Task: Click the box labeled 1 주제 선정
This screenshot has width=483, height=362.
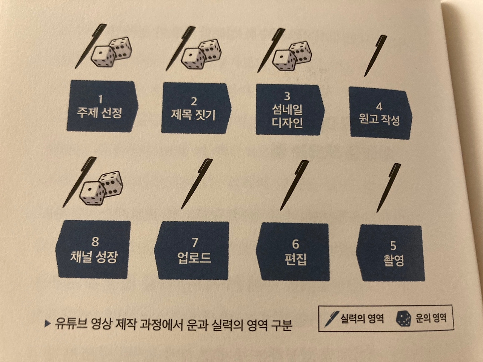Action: click(102, 107)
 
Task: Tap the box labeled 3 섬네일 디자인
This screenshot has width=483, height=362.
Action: click(288, 110)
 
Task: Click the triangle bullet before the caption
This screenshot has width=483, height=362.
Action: click(47, 324)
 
